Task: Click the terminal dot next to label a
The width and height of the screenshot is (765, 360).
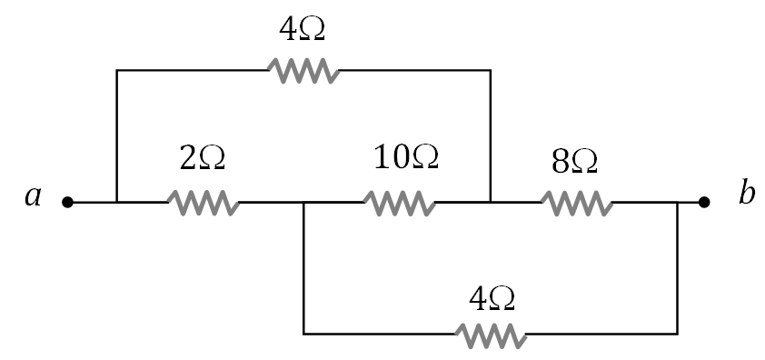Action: [67, 202]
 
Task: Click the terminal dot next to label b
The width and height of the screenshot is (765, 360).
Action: [703, 202]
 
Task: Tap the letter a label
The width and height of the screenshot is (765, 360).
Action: [34, 196]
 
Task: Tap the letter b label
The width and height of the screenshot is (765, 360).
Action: [746, 195]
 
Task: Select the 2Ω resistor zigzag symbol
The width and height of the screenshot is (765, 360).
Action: [204, 202]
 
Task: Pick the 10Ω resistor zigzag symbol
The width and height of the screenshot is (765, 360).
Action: [399, 202]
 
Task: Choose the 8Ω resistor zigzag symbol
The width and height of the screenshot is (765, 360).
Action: [577, 202]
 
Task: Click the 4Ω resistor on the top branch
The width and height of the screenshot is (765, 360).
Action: [303, 69]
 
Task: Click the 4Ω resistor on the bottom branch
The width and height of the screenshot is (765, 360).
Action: [492, 334]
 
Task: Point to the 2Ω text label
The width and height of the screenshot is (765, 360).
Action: [201, 158]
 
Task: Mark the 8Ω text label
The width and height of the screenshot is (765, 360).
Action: [574, 161]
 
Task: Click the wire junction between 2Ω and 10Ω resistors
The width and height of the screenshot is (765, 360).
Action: [303, 202]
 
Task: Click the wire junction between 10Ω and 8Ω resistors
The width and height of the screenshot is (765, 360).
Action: [491, 202]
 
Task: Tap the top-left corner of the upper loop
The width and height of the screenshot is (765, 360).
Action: [117, 69]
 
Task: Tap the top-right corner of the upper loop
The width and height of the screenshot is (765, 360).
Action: [491, 69]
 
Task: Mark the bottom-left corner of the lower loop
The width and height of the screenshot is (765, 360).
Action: [303, 334]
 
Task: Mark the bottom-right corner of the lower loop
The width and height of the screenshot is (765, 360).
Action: [677, 334]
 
